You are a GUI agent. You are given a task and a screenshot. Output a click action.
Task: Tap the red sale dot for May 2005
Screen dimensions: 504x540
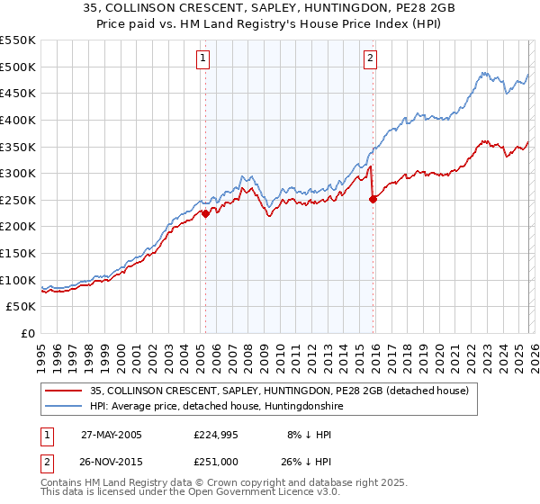[x=205, y=213]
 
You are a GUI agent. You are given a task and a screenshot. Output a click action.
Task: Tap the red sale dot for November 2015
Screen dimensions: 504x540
[x=373, y=200]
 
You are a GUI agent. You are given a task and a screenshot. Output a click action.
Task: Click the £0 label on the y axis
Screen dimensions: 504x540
[x=28, y=333]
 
